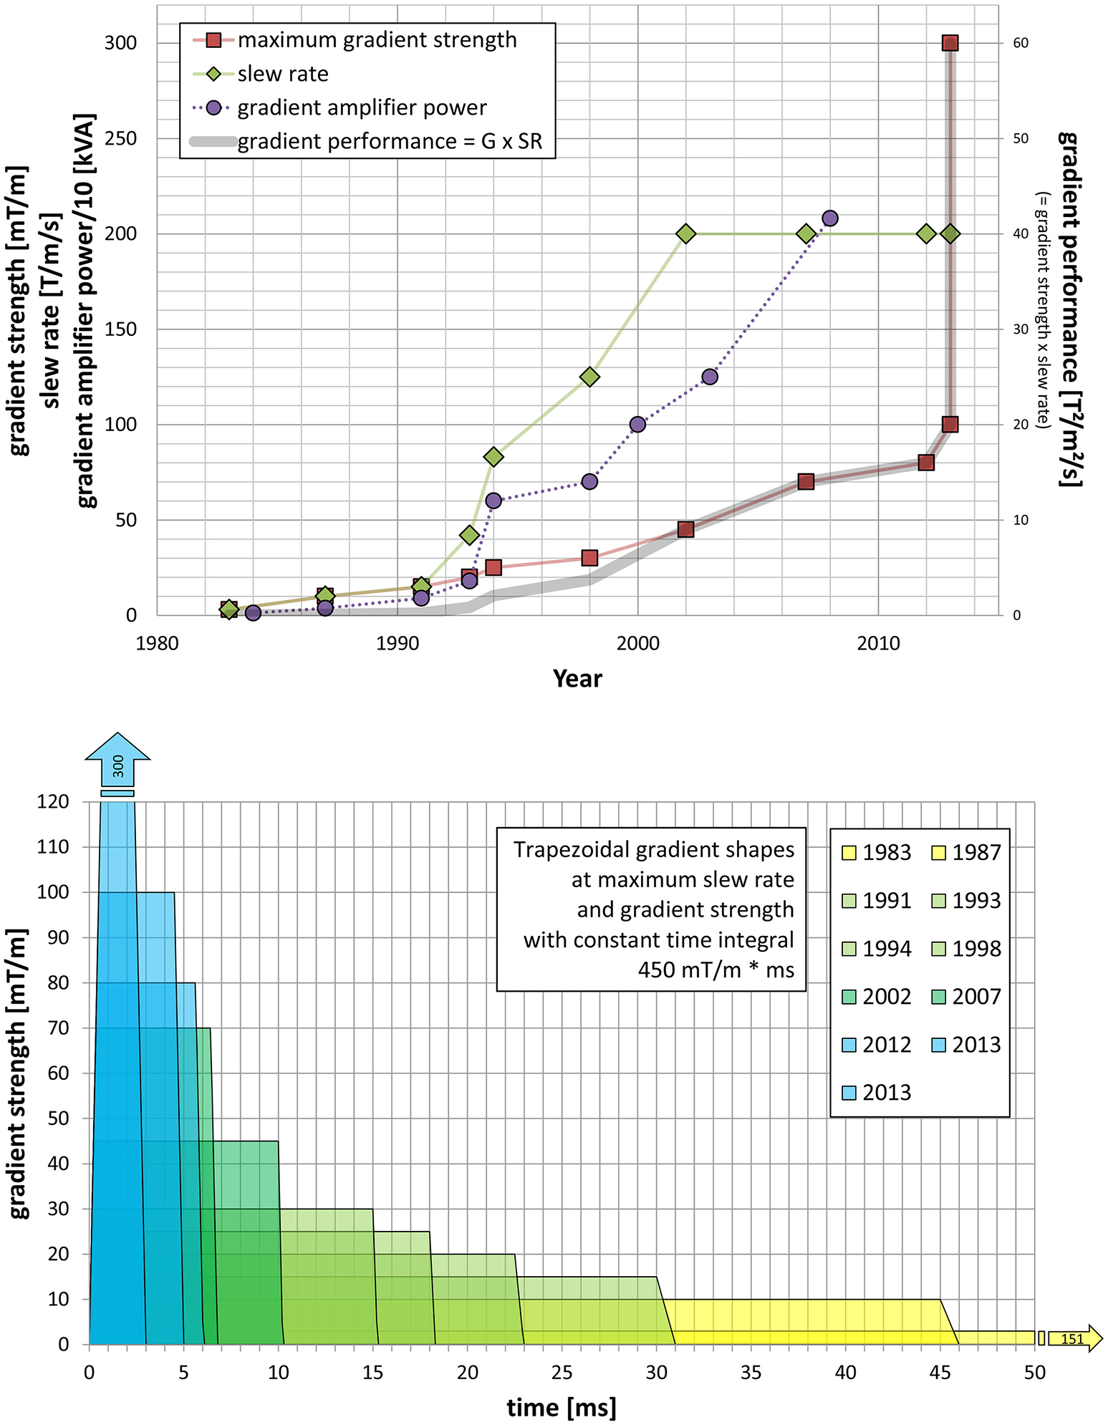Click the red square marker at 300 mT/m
coord(950,43)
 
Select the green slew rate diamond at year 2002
coord(685,233)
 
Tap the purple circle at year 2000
coord(637,425)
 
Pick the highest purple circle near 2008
coord(830,218)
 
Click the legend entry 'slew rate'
coord(283,74)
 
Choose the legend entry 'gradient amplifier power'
coord(362,107)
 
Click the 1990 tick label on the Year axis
coord(398,643)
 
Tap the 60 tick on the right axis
coord(1021,43)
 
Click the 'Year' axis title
coord(577,678)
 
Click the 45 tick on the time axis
coord(940,1372)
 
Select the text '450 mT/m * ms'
coord(716,970)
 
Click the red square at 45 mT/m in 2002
coord(685,529)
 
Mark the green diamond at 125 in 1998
coord(589,377)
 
